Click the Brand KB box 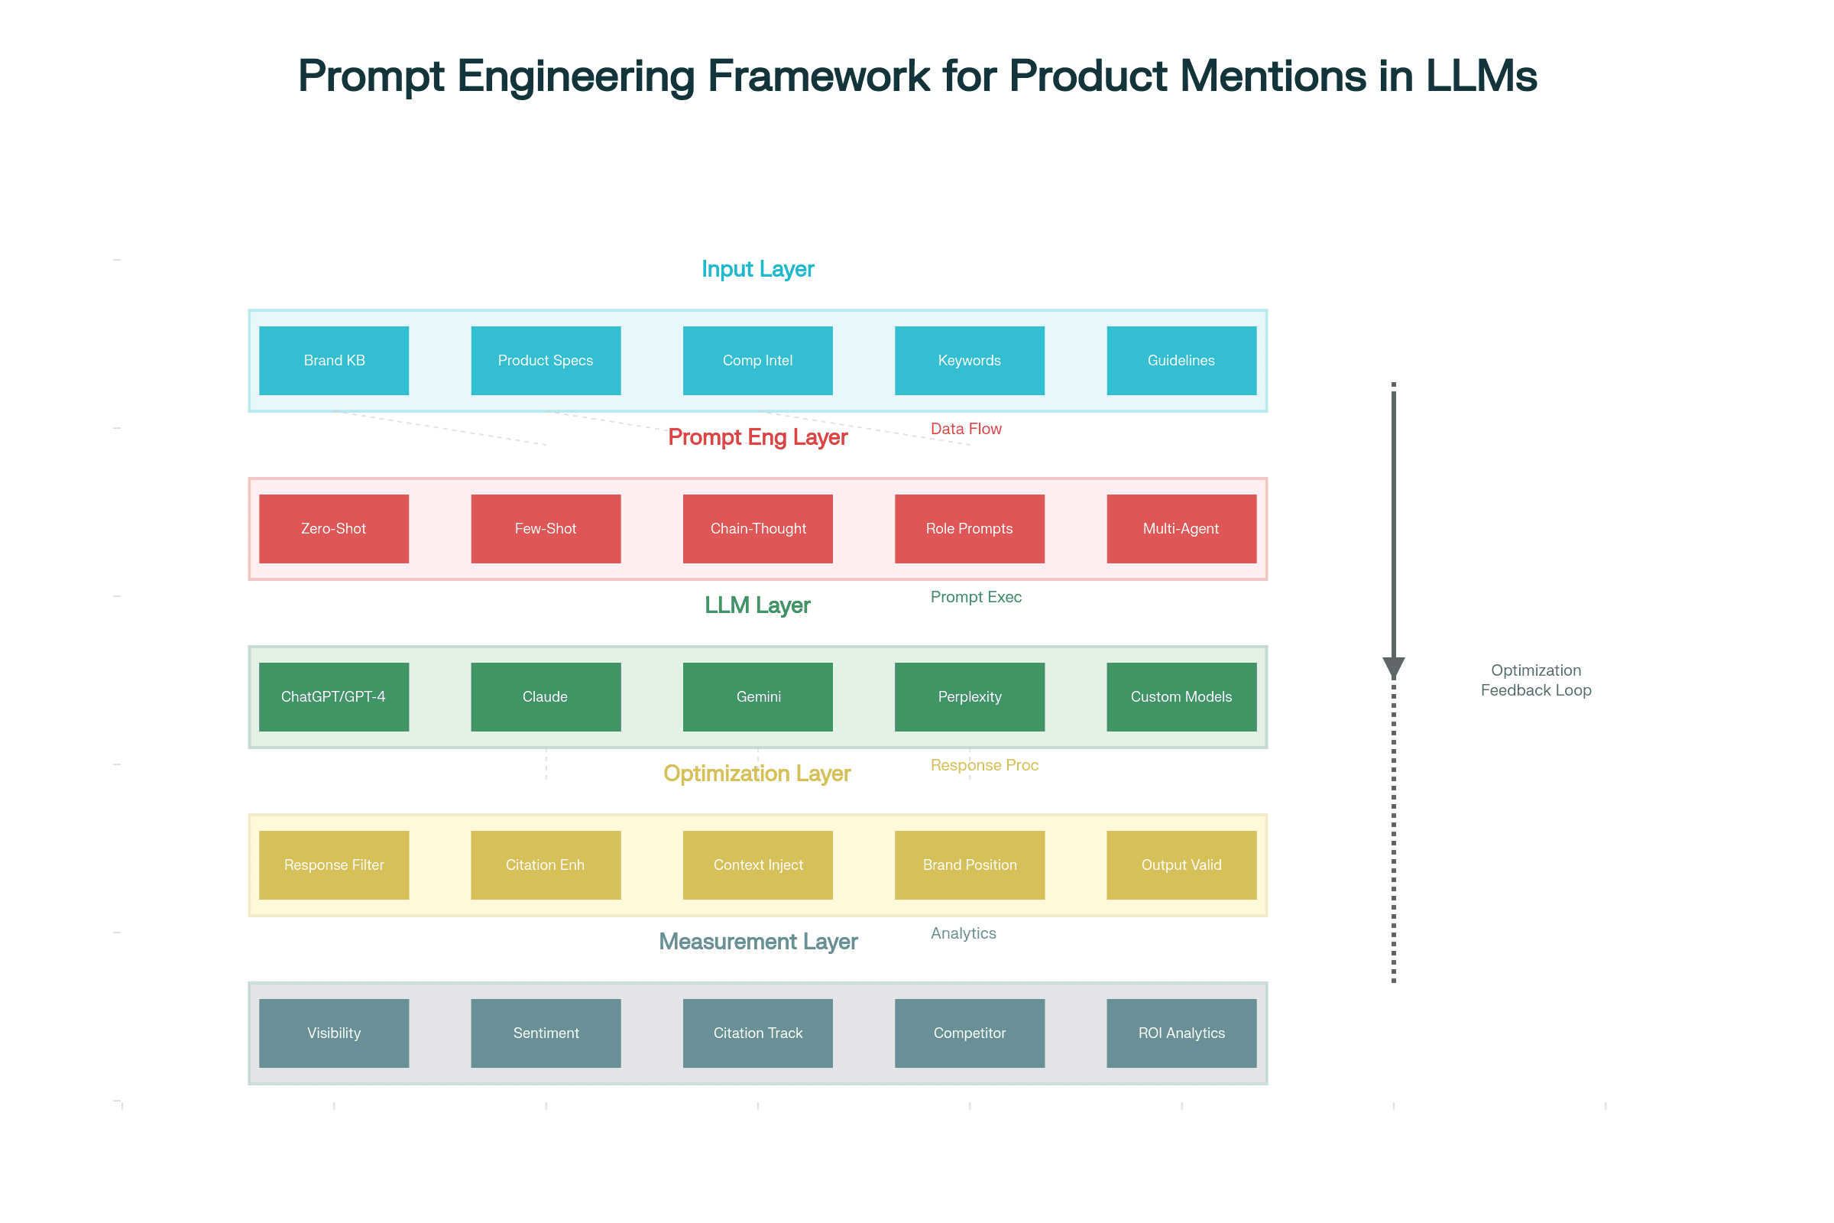(334, 360)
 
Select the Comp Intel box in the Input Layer (757, 360)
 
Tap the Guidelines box (1181, 360)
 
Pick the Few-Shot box (546, 529)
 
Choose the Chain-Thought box (757, 529)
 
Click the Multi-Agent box (1181, 529)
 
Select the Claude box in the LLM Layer (546, 696)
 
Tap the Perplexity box (969, 696)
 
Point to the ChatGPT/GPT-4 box (334, 696)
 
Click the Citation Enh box (546, 865)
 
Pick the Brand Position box (969, 865)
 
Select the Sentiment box (546, 1033)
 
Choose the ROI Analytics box (1181, 1033)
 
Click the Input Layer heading (757, 269)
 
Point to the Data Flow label (965, 429)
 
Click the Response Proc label (984, 765)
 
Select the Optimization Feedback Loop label (1535, 680)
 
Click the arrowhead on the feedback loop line (1393, 667)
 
